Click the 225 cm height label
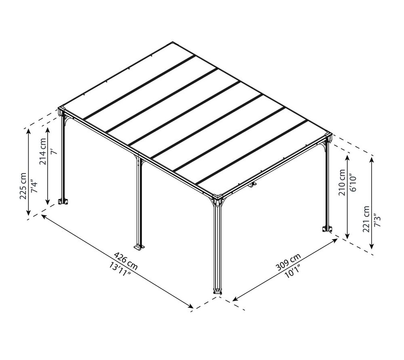click(x=23, y=186)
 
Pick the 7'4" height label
click(x=34, y=186)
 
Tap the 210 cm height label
click(x=342, y=182)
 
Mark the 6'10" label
click(x=353, y=183)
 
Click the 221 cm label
click(x=366, y=219)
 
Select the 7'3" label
click(x=377, y=220)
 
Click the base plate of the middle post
click(x=140, y=247)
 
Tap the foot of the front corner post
click(x=217, y=291)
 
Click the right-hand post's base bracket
click(x=327, y=229)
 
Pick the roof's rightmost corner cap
click(x=329, y=136)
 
